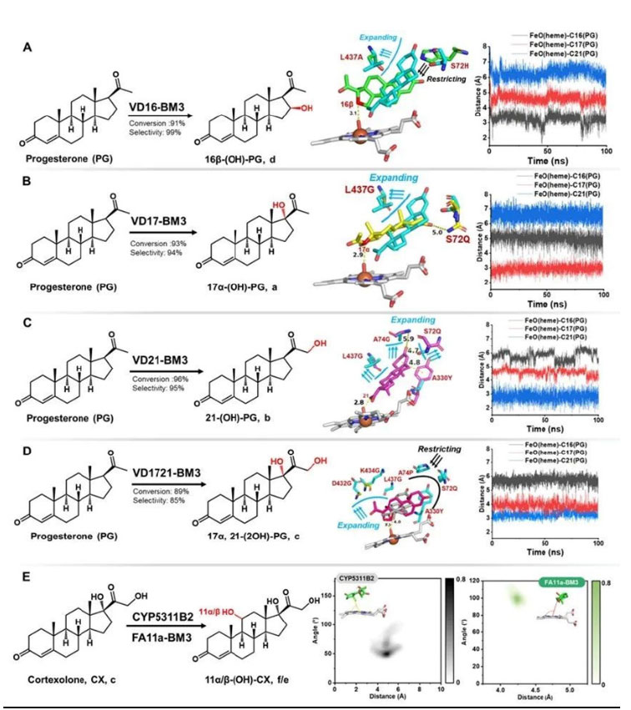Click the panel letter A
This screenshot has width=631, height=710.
[28, 48]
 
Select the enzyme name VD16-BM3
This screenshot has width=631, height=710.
[159, 107]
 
